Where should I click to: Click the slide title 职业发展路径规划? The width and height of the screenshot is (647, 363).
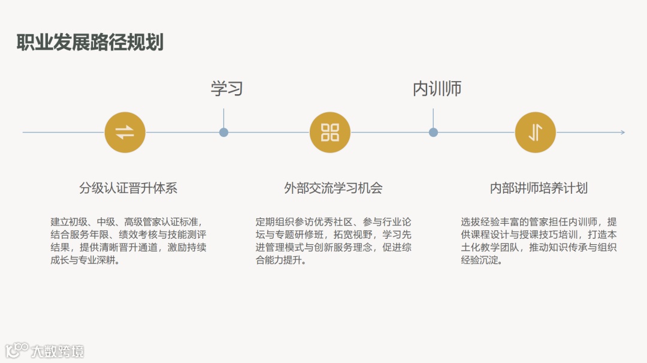click(x=90, y=43)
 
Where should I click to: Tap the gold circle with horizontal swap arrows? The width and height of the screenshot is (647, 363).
click(x=125, y=133)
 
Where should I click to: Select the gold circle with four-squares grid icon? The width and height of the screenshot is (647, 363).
click(x=330, y=133)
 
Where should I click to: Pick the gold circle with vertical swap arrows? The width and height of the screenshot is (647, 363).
click(x=536, y=133)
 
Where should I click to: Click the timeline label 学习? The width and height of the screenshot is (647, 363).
click(x=227, y=89)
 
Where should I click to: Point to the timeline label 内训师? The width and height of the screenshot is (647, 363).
click(x=437, y=89)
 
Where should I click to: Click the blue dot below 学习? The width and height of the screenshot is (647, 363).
click(x=223, y=133)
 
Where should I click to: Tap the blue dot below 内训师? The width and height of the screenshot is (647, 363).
click(x=433, y=133)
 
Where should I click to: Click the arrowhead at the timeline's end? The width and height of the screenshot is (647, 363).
click(x=622, y=133)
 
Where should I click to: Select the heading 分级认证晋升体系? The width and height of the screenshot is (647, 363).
click(x=128, y=188)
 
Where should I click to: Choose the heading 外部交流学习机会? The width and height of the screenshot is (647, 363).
click(x=333, y=188)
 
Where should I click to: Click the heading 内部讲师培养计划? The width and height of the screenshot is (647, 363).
click(x=539, y=188)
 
